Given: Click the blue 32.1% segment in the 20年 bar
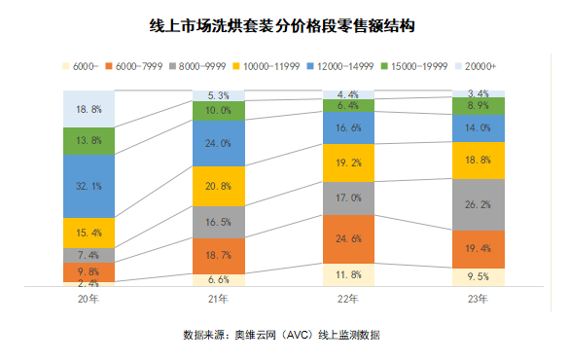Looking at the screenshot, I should coord(89,186).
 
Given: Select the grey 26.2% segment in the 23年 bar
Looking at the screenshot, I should coord(478,205).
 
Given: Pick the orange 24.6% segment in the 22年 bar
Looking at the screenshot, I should coord(348,238).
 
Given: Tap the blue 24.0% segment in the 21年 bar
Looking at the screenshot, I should coord(218,143).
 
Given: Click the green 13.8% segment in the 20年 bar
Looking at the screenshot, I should coord(89,141).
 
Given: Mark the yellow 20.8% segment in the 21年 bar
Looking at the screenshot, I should coord(218,186).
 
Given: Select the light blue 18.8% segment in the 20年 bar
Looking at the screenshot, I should coord(89,109).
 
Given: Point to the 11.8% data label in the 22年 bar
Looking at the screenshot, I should coord(348,274).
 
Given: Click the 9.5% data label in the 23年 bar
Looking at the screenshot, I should coord(478,277).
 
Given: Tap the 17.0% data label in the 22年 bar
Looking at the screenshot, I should coord(348,198).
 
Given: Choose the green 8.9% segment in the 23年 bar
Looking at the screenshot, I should coord(478,105).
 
